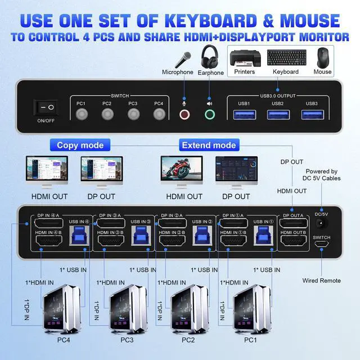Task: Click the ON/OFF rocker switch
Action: [x=46, y=107]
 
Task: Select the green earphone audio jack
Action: [x=210, y=114]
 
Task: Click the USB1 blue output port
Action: [x=244, y=114]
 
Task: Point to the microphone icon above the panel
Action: [x=183, y=59]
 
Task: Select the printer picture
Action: [x=245, y=57]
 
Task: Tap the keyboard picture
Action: [x=286, y=58]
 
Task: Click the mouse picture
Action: [x=322, y=57]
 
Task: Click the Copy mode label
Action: [x=80, y=145]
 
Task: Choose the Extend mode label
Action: [x=209, y=145]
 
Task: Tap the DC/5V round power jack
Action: [x=321, y=223]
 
